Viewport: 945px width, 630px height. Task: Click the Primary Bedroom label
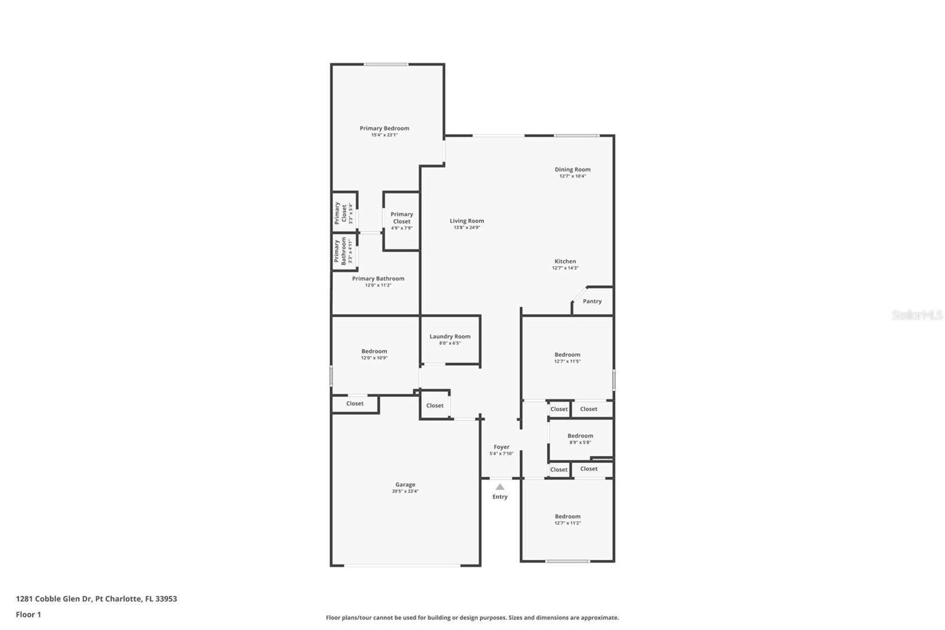click(x=384, y=128)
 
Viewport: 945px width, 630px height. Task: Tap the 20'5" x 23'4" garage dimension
click(x=405, y=491)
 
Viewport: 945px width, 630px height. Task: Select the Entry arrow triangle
click(x=500, y=487)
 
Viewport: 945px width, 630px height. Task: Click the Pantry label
click(x=592, y=301)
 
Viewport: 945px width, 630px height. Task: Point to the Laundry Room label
click(x=450, y=336)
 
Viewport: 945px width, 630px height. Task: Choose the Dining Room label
click(x=572, y=170)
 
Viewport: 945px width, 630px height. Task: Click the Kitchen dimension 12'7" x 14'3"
click(x=565, y=268)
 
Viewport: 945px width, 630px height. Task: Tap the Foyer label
click(x=501, y=447)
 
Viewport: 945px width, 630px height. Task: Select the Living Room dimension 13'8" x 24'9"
click(x=467, y=228)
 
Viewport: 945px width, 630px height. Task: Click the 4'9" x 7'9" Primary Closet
click(x=402, y=220)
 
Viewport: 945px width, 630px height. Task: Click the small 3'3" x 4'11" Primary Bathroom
click(x=343, y=251)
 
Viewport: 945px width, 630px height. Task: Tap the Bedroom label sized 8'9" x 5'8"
click(x=580, y=436)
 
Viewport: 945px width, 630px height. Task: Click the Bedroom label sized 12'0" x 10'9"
click(x=374, y=351)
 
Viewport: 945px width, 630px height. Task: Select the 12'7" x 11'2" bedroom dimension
click(x=568, y=523)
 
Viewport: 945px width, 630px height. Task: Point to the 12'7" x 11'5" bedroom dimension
click(x=568, y=361)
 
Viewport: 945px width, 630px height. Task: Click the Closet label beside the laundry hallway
click(x=435, y=405)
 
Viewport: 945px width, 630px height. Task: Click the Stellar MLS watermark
click(x=917, y=315)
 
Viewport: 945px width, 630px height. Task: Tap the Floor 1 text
click(x=28, y=615)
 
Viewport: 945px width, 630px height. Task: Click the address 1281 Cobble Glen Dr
click(x=96, y=599)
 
